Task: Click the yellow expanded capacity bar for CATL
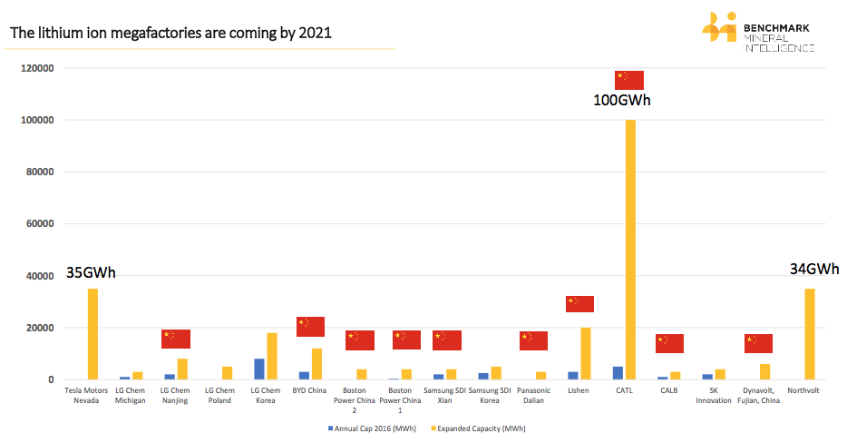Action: (x=630, y=250)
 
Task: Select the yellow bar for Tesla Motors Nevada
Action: (x=92, y=333)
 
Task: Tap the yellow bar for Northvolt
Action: (x=810, y=333)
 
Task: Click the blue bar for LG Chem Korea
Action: (x=259, y=369)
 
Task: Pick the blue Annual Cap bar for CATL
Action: (x=618, y=373)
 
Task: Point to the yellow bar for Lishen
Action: (x=586, y=353)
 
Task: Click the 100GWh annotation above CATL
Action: (x=622, y=100)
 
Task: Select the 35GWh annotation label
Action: (x=91, y=273)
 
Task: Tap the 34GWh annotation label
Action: (x=813, y=270)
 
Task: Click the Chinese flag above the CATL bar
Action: (x=629, y=80)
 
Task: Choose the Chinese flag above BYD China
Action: (x=310, y=327)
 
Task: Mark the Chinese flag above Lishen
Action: (x=579, y=304)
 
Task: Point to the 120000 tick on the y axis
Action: (x=38, y=68)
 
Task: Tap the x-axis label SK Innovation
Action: (x=714, y=395)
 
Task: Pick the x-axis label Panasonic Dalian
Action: (x=534, y=395)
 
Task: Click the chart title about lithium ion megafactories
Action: (x=170, y=34)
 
